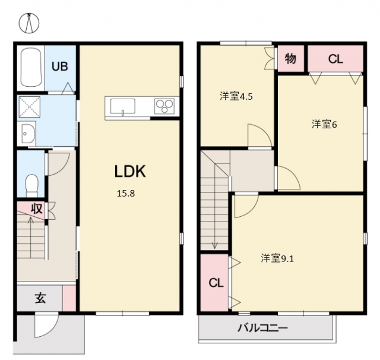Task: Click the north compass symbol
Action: point(29,23)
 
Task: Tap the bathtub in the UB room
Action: point(31,67)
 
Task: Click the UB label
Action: point(60,67)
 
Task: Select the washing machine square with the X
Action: point(29,107)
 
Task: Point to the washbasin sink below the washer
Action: point(28,133)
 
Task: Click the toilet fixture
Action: point(31,185)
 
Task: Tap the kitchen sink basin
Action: point(123,106)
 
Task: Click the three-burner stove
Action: point(164,106)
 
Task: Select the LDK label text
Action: point(130,172)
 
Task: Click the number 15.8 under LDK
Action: point(126,194)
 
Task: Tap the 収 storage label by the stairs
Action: point(37,209)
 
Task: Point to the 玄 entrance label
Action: point(40,298)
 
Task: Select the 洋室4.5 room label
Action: point(236,96)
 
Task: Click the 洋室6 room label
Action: point(324,124)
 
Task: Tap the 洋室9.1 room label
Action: point(277,258)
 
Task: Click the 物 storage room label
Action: point(290,58)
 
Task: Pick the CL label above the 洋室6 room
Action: point(335,59)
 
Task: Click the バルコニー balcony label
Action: point(262,329)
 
